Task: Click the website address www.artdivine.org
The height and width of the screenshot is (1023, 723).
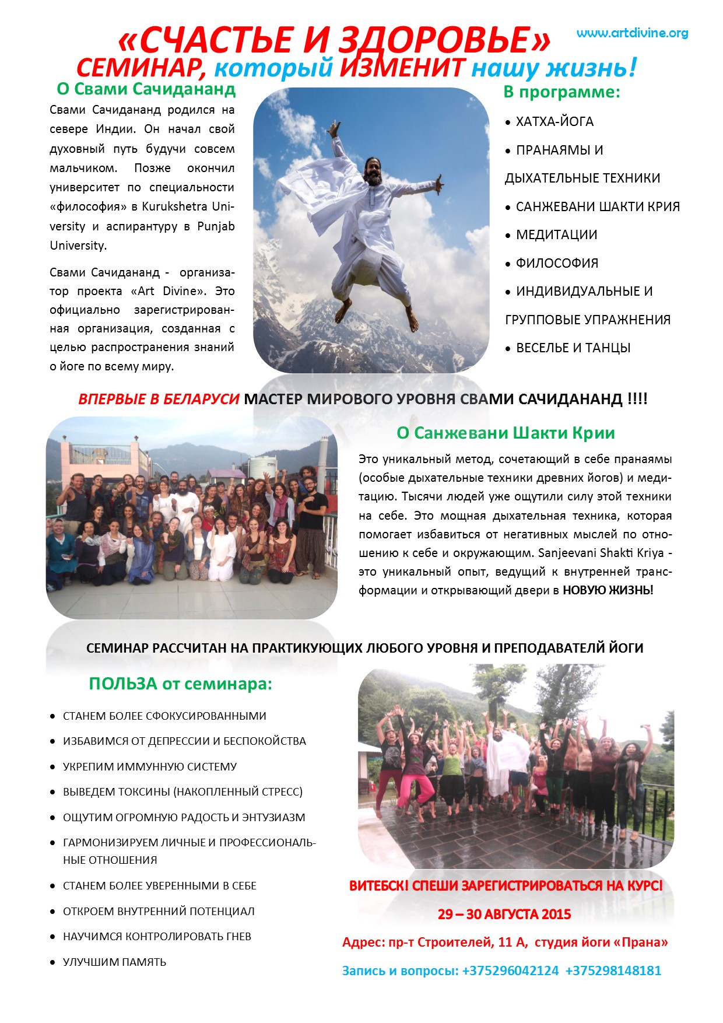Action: [632, 33]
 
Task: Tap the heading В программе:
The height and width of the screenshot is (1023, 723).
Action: [561, 92]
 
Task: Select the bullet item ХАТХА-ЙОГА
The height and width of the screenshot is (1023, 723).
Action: [554, 122]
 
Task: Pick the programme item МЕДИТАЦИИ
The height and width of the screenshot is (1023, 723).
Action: [556, 235]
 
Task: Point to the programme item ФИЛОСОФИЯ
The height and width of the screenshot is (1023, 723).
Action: [557, 263]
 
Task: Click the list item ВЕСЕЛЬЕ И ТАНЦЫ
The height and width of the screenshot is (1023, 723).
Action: [573, 348]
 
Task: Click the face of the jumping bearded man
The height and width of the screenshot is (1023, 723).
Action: [373, 169]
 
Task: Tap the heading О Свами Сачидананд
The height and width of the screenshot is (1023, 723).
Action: [146, 89]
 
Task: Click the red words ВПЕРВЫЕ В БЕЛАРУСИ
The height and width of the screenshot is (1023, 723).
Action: [159, 400]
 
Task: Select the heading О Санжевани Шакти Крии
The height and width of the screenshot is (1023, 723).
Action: [506, 433]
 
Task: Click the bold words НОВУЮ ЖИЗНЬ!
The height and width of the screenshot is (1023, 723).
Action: [608, 590]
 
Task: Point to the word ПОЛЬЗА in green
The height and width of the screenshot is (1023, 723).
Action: [123, 684]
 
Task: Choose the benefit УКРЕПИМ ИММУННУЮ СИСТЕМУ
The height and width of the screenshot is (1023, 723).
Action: [150, 766]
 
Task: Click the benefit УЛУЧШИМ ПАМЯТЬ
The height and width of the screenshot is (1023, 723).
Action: [114, 962]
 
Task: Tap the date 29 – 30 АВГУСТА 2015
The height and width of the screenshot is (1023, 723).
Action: [504, 914]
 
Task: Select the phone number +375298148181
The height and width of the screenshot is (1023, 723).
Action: [613, 971]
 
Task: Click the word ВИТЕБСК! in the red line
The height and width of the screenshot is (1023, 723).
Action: [379, 885]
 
